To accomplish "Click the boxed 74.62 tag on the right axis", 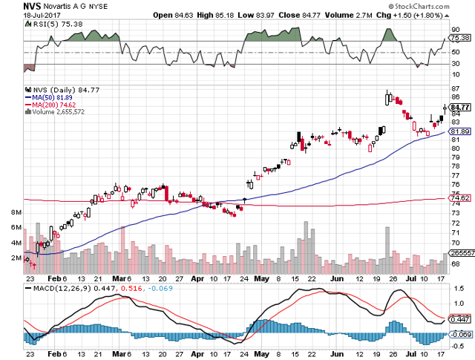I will (x=461, y=198).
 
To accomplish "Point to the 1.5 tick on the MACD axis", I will (x=458, y=288).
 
